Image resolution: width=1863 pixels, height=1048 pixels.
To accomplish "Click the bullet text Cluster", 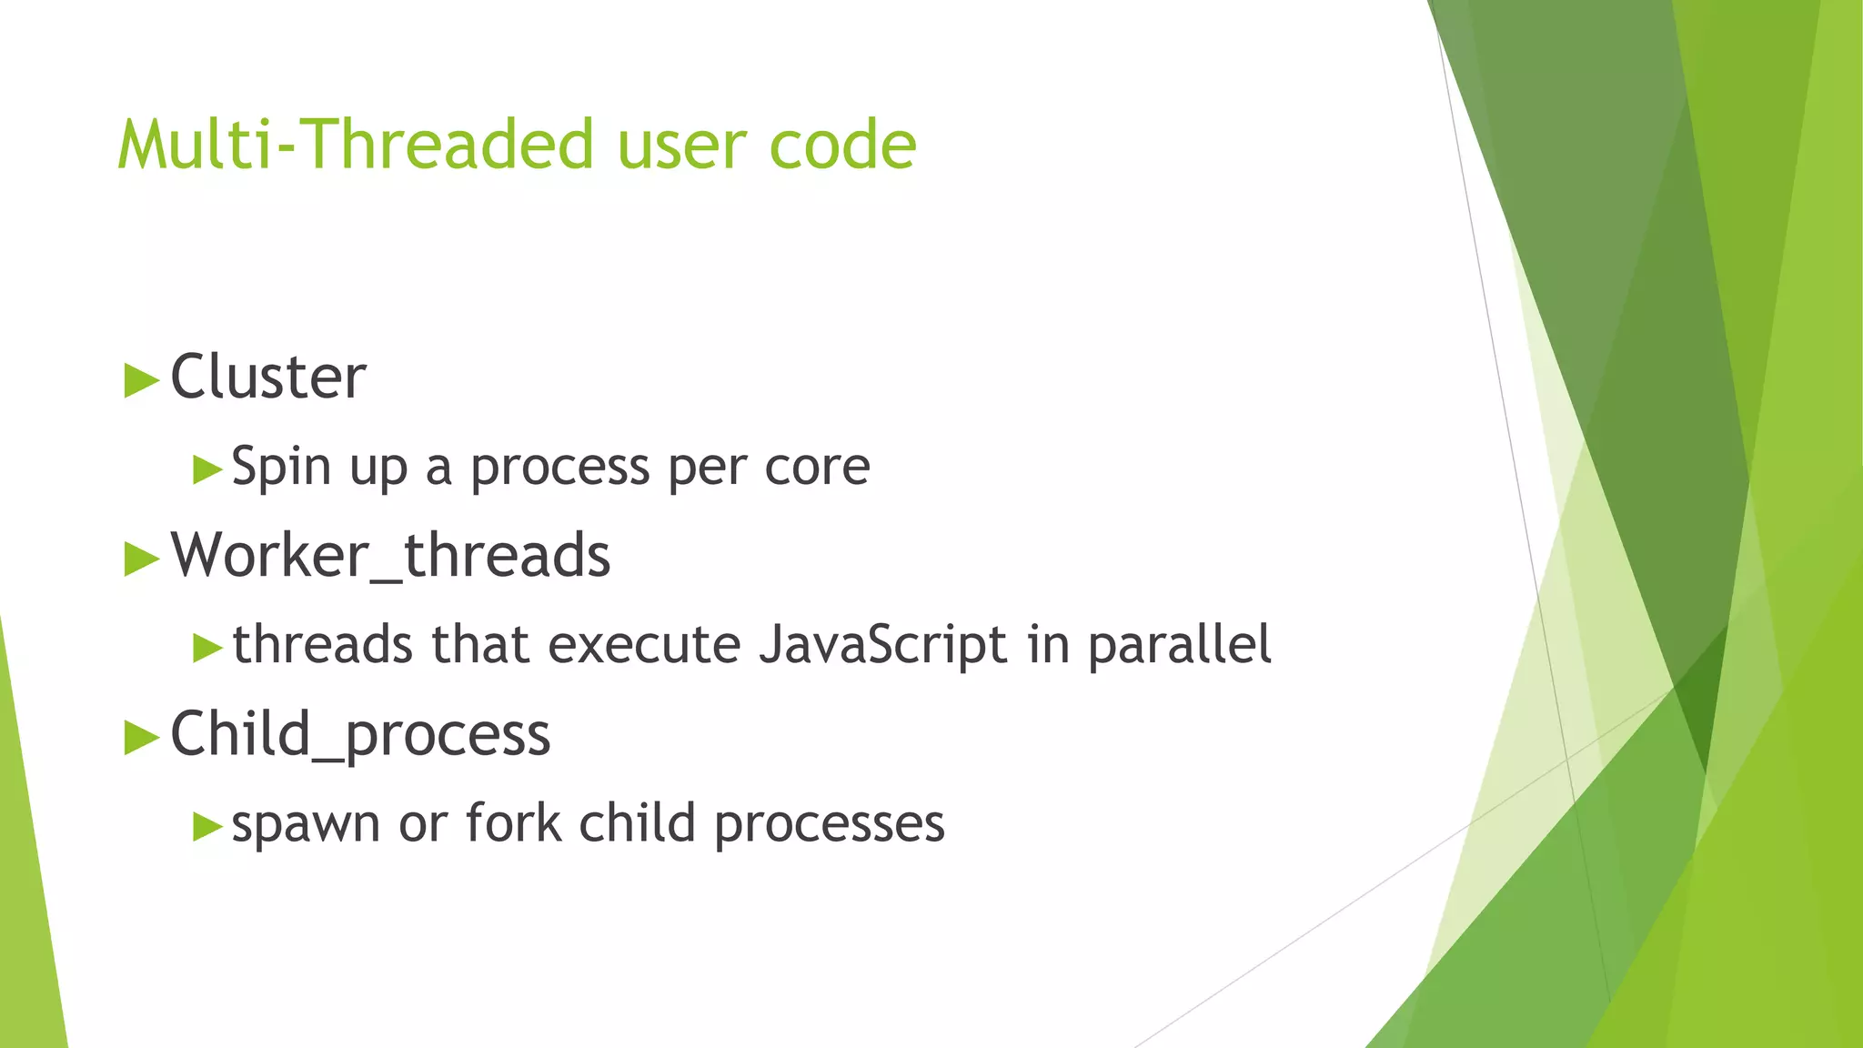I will coord(268,377).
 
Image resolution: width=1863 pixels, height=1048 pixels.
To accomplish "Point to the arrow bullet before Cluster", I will coord(141,380).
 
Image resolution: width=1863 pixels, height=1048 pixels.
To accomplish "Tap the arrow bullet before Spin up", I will coord(207,470).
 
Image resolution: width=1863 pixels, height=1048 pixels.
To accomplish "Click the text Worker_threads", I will coord(390,555).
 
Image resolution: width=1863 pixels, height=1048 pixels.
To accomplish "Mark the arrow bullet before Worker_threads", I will coord(141,559).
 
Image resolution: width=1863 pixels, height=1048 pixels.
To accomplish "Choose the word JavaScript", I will coord(883,646).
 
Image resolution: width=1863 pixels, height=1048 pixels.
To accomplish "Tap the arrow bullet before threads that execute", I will coord(207,649).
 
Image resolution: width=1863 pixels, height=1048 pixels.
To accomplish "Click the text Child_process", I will coord(360,734).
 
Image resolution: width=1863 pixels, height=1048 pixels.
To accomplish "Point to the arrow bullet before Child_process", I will coord(141,737).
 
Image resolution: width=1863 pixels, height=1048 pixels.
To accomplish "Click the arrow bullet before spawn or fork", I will coord(207,827).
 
